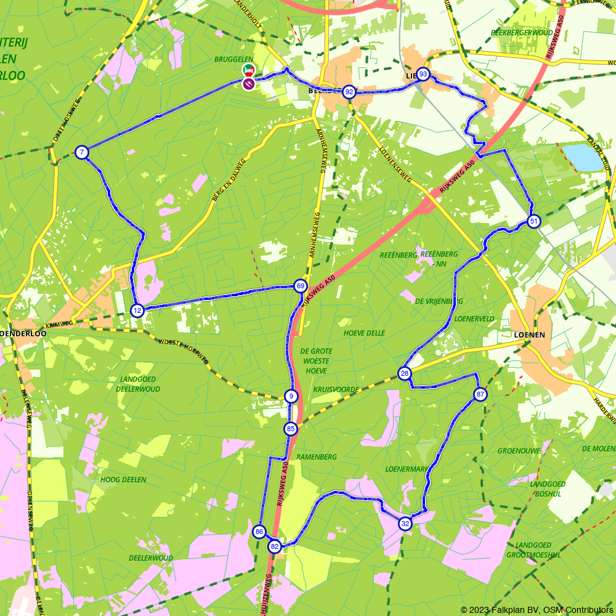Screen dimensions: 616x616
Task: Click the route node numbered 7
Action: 81,152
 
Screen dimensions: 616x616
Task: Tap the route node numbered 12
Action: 137,310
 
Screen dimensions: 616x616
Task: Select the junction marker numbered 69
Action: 301,286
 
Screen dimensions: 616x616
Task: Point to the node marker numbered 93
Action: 423,75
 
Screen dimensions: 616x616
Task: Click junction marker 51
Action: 533,222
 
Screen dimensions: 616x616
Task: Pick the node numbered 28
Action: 404,373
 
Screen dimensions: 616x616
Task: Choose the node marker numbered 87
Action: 480,394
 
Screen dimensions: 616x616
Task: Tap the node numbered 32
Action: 405,524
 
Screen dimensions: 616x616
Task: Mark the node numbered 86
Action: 259,532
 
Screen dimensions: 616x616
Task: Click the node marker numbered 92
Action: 349,92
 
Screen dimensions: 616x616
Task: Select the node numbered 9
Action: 291,396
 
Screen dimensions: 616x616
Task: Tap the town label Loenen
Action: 529,334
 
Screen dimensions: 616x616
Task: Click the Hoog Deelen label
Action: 123,479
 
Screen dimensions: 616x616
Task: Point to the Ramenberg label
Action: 317,457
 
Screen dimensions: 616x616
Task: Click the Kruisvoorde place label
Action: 336,390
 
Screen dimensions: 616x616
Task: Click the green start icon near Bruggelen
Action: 248,70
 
